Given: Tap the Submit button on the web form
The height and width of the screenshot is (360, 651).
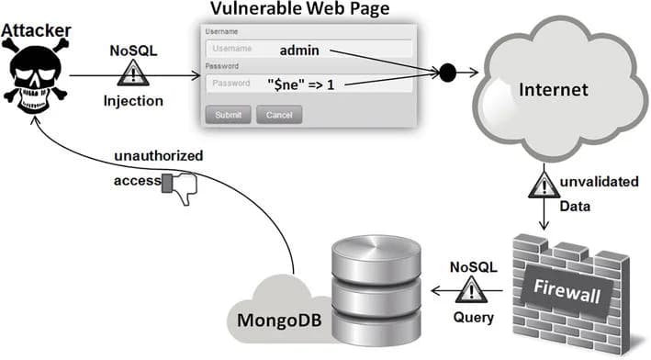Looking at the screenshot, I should (x=227, y=115).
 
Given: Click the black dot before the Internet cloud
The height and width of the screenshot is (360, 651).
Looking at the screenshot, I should (x=448, y=71).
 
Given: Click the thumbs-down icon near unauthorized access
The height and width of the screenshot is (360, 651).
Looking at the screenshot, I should (x=179, y=186).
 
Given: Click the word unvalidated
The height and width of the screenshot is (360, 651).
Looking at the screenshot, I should (x=601, y=182).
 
